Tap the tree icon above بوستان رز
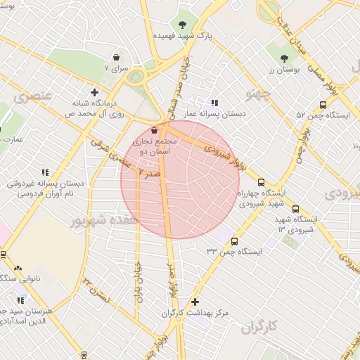tap(284, 58)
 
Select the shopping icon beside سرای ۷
tap(116, 58)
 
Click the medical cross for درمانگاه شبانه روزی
tap(95, 91)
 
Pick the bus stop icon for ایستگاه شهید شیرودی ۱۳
tap(295, 208)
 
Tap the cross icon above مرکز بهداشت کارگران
tap(195, 301)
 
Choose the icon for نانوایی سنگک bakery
tap(17, 268)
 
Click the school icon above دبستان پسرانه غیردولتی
tap(46, 172)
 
